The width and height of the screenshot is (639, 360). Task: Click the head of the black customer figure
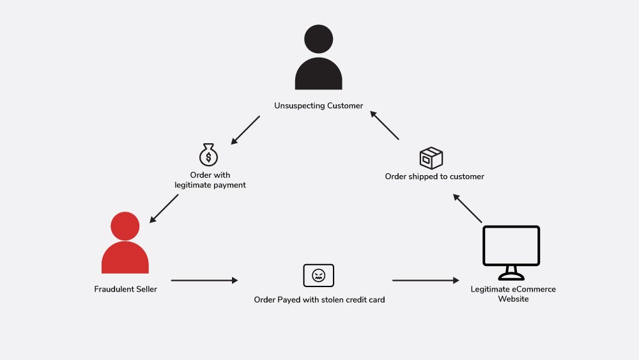[x=318, y=39]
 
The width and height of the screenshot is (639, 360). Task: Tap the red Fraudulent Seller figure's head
[x=125, y=226]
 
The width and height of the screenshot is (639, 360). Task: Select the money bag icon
[x=208, y=155]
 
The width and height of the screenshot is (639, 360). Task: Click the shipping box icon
[x=431, y=158]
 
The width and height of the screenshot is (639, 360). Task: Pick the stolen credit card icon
[x=319, y=275]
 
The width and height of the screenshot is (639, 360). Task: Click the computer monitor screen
[x=511, y=246]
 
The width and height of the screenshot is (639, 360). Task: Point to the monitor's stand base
[x=511, y=277]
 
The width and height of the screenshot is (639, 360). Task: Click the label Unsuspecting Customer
[x=318, y=106]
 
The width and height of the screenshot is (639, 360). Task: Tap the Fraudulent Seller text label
[x=125, y=289]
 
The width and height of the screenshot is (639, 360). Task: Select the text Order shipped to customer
[x=435, y=176]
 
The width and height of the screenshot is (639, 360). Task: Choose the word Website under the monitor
[x=513, y=299]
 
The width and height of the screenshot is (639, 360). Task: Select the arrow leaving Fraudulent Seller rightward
[x=204, y=281]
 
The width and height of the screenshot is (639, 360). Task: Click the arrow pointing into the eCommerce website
[x=426, y=281]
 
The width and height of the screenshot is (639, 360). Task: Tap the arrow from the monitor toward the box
[x=468, y=208]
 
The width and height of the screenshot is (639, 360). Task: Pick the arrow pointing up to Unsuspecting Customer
[x=384, y=125]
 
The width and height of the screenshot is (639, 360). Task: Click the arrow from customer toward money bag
[x=245, y=130]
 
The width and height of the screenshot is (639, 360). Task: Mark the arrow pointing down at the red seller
[x=164, y=208]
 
